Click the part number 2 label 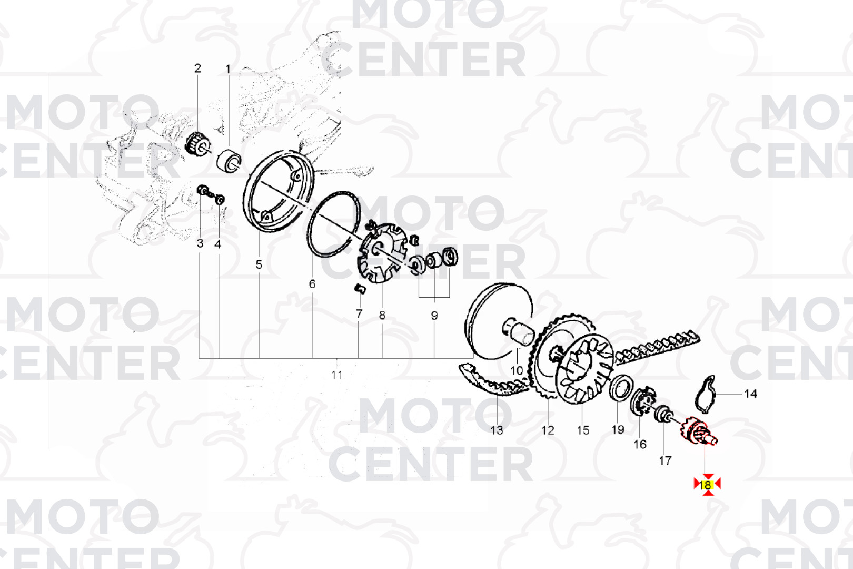[x=197, y=68]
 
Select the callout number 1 [x=228, y=69]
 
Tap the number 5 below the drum [x=259, y=264]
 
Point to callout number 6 [x=312, y=284]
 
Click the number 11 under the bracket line [x=337, y=375]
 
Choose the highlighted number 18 [x=707, y=485]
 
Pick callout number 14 [x=750, y=394]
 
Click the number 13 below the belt [x=497, y=430]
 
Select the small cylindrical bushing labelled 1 [x=230, y=160]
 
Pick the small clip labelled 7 [x=360, y=288]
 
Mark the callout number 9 [x=434, y=316]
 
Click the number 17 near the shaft [x=665, y=461]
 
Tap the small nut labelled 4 [x=220, y=199]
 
